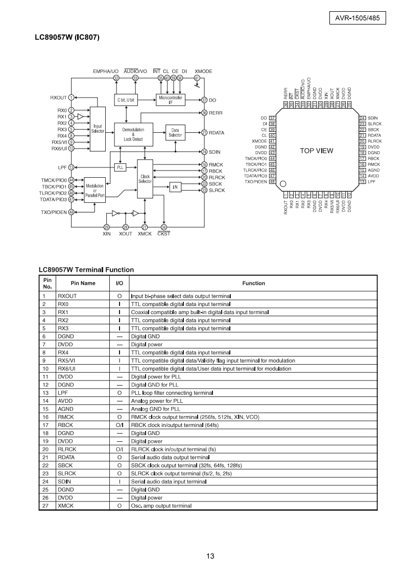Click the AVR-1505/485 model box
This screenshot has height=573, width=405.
358,17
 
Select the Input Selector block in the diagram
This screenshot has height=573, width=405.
98,129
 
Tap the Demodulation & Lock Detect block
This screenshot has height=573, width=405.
133,134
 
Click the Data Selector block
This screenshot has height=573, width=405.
175,133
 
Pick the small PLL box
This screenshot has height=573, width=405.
120,168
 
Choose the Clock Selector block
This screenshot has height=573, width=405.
145,179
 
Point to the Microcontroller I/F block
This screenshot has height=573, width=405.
171,100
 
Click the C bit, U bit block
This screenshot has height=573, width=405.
126,100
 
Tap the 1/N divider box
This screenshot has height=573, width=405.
175,187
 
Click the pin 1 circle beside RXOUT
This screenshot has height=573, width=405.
72,98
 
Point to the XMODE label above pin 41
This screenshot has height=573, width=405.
203,71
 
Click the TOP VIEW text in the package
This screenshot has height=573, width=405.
317,151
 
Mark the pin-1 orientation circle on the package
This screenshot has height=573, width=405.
283,183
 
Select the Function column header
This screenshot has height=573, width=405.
253,283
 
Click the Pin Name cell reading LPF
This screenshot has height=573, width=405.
63,393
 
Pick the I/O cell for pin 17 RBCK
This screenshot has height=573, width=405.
120,425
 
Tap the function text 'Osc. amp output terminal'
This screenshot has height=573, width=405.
161,506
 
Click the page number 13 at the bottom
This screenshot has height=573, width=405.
210,556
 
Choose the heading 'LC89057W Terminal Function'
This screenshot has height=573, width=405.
86,270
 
